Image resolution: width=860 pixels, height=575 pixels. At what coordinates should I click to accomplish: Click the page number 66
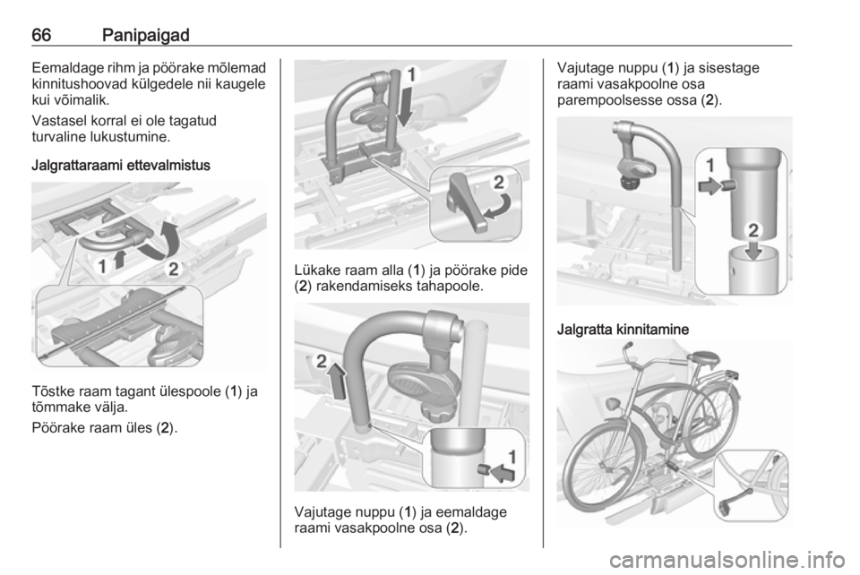click(x=42, y=35)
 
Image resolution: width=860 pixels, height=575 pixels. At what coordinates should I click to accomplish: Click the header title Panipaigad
click(x=145, y=36)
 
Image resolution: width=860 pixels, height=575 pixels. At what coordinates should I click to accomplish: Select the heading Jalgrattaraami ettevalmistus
click(x=121, y=165)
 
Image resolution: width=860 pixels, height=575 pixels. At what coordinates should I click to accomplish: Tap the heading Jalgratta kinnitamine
click(x=623, y=330)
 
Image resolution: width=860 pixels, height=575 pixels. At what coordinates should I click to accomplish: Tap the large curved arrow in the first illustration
click(x=161, y=241)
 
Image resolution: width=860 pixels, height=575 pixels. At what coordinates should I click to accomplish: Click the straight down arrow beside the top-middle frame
click(x=405, y=106)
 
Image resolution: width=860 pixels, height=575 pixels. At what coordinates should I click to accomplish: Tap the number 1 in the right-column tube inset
click(x=709, y=165)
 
